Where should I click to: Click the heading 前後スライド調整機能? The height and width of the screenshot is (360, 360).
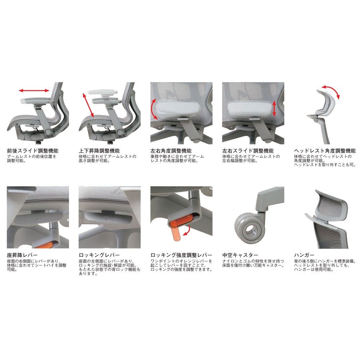coord(33,151)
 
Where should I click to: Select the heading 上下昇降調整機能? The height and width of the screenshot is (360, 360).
coord(99,151)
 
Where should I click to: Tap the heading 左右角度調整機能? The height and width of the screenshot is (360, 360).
coord(171,151)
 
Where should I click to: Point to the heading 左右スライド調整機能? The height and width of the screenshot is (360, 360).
coord(248,151)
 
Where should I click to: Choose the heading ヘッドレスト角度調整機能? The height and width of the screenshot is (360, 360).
coord(325,151)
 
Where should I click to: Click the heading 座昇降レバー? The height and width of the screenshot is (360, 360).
coord(22,255)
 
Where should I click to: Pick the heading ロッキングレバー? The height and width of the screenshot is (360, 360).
coord(99,255)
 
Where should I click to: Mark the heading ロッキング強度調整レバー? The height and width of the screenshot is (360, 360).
coord(181,255)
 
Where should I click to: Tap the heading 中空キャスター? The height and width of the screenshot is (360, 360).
coord(240,255)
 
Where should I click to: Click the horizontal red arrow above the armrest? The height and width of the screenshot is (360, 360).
coord(34,90)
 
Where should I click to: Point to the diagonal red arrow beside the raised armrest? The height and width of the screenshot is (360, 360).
coord(88,105)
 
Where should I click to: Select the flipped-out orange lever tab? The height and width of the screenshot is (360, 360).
coord(176,234)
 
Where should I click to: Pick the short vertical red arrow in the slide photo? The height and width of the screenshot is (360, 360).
coord(274,109)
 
